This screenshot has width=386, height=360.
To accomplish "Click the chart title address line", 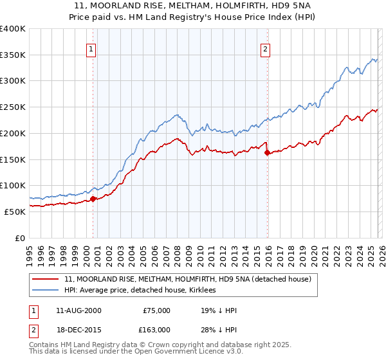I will tap(193, 6).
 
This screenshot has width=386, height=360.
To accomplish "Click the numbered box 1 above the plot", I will tap(91, 48).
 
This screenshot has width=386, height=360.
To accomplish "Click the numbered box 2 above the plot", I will tap(265, 48).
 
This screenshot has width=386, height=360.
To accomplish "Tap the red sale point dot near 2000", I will tap(93, 199).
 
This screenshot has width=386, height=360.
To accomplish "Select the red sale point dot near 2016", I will tap(268, 152).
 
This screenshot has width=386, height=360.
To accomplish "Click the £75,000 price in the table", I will tap(156, 310).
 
